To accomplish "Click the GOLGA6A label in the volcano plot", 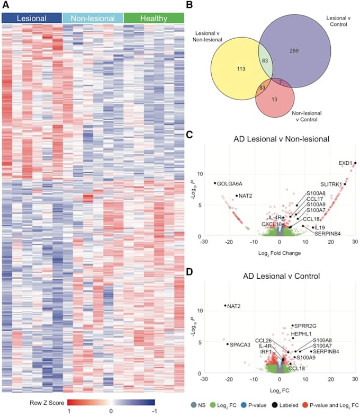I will coord(230,183).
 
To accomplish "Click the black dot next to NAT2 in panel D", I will coord(226,305).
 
